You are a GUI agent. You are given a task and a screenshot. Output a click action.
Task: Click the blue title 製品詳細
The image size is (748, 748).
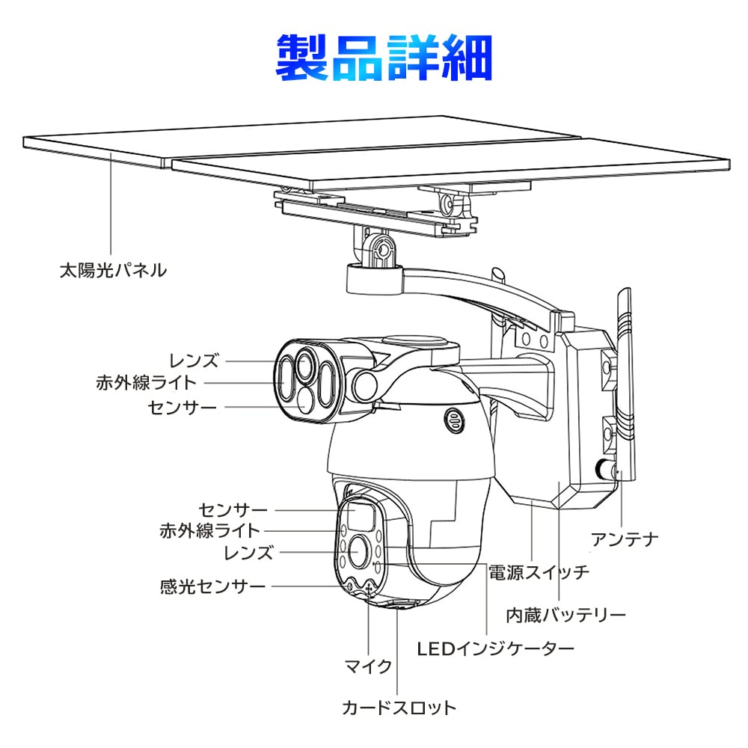[x=384, y=58]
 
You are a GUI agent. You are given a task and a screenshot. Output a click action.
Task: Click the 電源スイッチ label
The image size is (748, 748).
[x=539, y=574]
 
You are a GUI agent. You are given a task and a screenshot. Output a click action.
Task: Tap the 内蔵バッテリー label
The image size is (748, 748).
[x=565, y=616]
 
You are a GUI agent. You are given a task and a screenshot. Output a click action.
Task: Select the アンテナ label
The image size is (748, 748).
[x=624, y=538]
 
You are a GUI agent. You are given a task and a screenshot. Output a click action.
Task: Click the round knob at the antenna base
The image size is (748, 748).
[x=604, y=470]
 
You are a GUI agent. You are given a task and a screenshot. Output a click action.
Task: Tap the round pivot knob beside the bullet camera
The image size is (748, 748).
[x=367, y=384]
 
